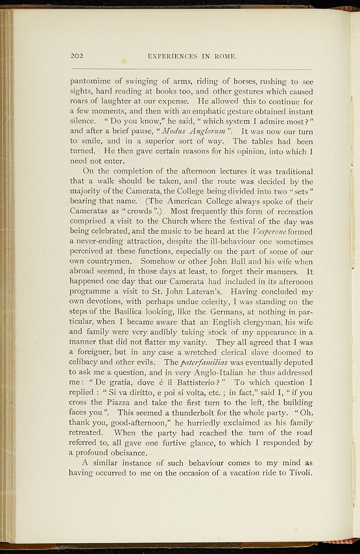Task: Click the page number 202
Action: [76, 55]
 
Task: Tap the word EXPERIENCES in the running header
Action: [171, 56]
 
